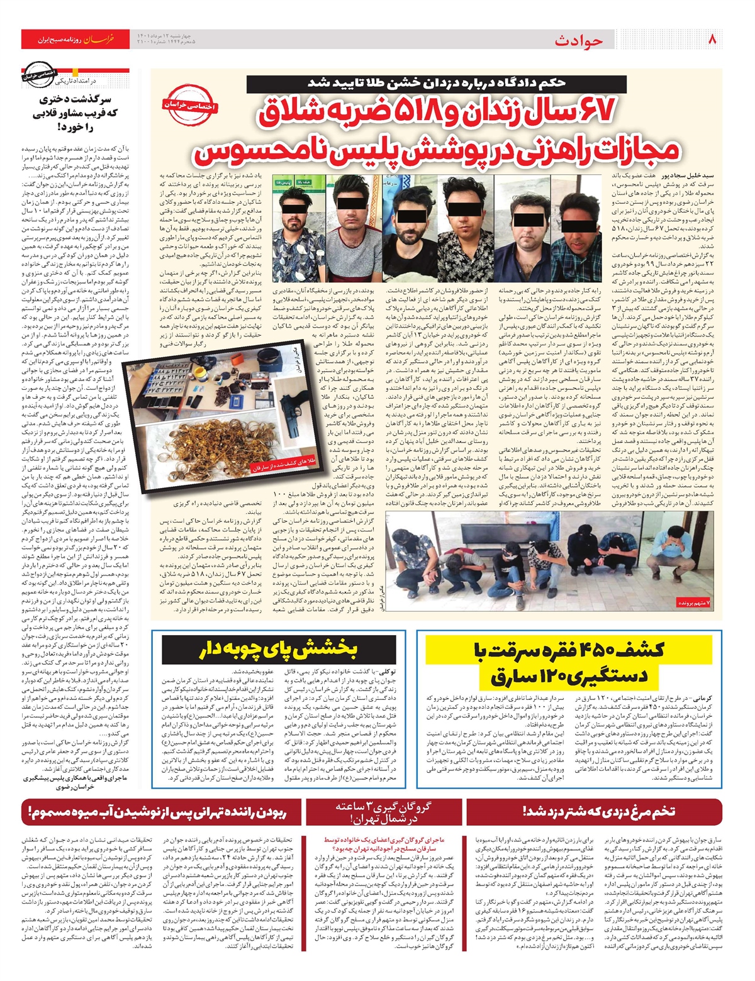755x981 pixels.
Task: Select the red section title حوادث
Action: pos(579,41)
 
